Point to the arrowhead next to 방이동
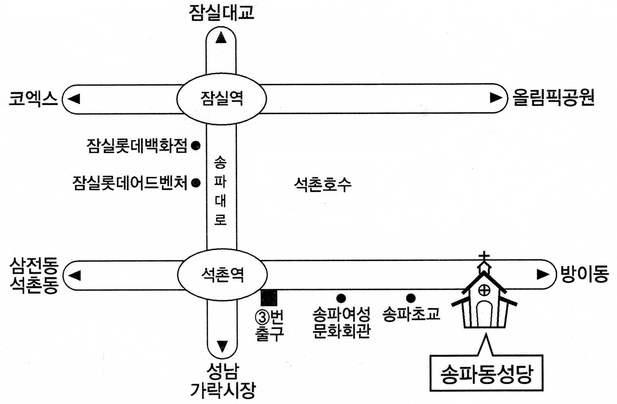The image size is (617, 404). click(x=543, y=275)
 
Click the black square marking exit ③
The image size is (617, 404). click(x=269, y=298)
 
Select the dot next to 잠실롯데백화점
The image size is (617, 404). click(x=196, y=146)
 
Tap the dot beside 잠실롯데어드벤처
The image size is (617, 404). click(x=196, y=183)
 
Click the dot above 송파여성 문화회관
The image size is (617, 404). click(x=341, y=298)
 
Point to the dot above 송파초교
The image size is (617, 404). click(x=411, y=298)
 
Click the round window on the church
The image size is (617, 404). click(x=484, y=290)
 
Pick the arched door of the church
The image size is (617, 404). click(x=484, y=314)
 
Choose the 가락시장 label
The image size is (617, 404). click(x=223, y=390)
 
